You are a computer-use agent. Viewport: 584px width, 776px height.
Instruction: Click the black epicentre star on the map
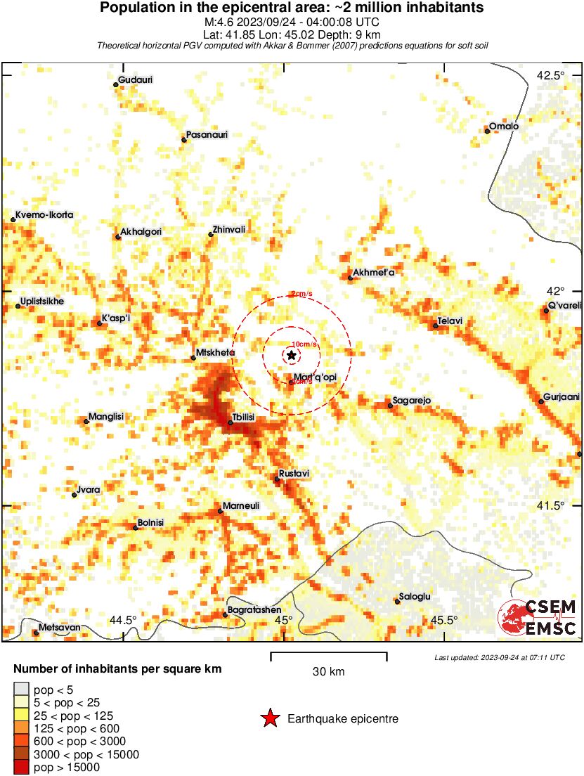292,356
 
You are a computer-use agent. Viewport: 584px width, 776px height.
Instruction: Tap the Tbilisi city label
243,418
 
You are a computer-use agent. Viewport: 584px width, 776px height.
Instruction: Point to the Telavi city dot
436,325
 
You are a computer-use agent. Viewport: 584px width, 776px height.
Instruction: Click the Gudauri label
136,79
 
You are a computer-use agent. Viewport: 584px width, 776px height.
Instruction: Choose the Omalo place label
504,126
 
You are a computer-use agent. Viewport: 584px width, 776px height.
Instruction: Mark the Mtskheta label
216,352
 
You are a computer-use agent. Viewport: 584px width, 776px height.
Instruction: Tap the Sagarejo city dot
390,406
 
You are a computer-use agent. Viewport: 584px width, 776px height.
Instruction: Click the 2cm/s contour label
301,294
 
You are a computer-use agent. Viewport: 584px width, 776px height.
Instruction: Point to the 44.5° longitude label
124,620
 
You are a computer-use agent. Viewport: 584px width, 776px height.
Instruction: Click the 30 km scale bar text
328,672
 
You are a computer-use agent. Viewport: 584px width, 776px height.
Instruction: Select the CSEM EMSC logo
538,618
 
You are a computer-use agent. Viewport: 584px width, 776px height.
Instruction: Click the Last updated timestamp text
500,657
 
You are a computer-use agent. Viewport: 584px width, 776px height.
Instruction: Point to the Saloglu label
415,597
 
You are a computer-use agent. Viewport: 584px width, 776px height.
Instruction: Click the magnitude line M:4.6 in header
292,21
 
